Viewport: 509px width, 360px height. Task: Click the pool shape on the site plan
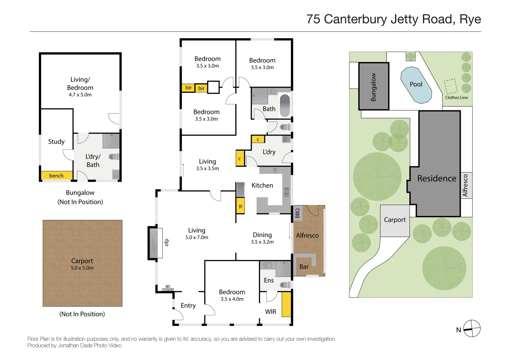coord(416,85)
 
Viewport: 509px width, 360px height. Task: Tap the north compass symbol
coord(472,328)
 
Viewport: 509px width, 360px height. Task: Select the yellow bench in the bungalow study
coord(56,176)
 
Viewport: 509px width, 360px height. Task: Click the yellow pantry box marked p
coord(240,206)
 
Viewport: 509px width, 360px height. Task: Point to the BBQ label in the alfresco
coord(297,213)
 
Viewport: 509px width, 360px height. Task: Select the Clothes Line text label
coord(456,98)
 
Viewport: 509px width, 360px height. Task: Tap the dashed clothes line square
coord(451,87)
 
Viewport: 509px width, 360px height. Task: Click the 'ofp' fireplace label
coord(167,242)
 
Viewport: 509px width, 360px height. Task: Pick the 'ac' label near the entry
coord(168,286)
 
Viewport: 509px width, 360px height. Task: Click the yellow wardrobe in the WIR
coord(286,304)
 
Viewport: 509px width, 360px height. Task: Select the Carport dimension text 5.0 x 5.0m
coord(82,268)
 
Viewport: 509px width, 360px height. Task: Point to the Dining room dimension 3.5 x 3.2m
coord(262,242)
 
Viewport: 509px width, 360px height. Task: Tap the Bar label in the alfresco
coord(304,267)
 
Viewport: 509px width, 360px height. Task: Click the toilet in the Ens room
coord(285,285)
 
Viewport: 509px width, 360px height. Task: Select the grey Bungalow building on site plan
coord(374,86)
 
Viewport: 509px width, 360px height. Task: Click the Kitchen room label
coord(262,185)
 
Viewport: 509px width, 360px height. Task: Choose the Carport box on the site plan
coord(395,220)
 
